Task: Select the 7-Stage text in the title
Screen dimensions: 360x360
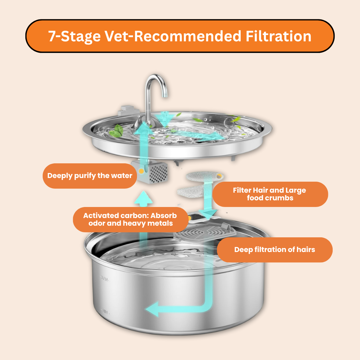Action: point(74,36)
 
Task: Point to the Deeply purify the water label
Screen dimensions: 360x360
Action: point(90,176)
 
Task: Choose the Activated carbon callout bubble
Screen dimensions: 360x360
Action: point(130,219)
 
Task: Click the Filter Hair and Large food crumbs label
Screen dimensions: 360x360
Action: point(270,194)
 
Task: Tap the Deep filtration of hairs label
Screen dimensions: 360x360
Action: point(274,250)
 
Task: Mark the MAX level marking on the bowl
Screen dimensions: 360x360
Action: point(105,278)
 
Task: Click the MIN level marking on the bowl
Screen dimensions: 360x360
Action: point(106,312)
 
